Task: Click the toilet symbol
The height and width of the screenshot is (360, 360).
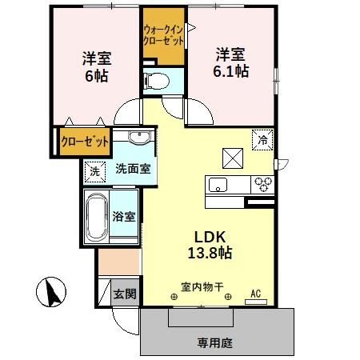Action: [x=156, y=81]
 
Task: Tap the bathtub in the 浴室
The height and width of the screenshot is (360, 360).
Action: [x=97, y=217]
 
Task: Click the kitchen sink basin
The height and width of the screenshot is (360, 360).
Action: [x=218, y=185]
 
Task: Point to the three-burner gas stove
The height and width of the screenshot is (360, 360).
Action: [x=262, y=185]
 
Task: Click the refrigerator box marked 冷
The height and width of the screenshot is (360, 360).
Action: [x=262, y=140]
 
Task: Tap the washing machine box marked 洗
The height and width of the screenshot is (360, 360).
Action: [x=95, y=172]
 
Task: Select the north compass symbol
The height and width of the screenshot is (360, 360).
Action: [x=51, y=292]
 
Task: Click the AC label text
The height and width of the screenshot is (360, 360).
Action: [x=255, y=294]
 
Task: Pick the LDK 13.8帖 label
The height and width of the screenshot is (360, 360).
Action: [x=210, y=245]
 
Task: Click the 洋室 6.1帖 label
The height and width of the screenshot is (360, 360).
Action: [x=231, y=63]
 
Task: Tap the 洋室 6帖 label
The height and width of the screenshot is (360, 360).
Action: [x=97, y=67]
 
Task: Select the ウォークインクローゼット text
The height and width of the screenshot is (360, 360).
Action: [x=164, y=35]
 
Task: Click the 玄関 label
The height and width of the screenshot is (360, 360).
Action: [x=125, y=294]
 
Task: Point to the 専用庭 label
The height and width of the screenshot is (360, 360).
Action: [x=214, y=342]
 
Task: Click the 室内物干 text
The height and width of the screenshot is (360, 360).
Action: [x=202, y=287]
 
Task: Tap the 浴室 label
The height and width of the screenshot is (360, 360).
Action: [x=124, y=216]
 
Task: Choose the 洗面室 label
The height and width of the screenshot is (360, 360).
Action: [x=133, y=169]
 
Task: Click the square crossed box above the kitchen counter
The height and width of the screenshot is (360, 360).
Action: [x=233, y=158]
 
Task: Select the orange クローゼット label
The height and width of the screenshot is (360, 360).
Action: [x=85, y=142]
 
